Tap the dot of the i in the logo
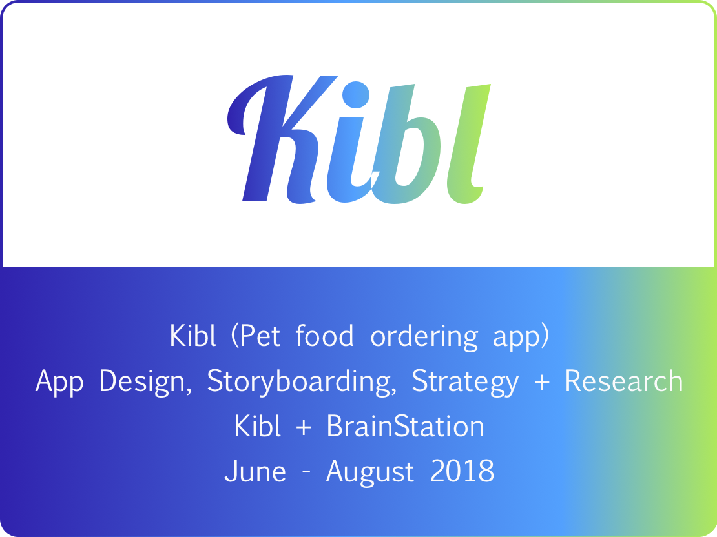click(x=356, y=95)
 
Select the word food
click(x=324, y=335)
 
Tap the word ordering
click(x=424, y=338)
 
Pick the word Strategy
click(x=466, y=382)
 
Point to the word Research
click(x=624, y=381)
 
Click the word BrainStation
click(x=405, y=426)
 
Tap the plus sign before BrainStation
click(x=304, y=428)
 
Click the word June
click(x=255, y=471)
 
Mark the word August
click(x=370, y=471)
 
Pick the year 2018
click(x=462, y=471)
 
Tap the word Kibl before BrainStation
click(x=257, y=426)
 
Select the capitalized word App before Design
click(x=59, y=382)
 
